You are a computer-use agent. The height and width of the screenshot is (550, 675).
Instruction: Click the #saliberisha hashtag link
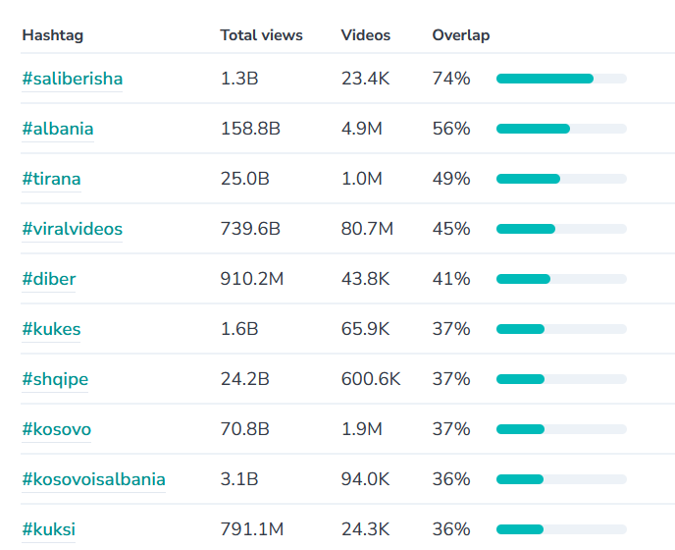click(73, 79)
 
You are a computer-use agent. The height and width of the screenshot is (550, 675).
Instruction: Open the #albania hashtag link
click(58, 129)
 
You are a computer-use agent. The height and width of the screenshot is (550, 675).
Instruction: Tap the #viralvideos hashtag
click(73, 229)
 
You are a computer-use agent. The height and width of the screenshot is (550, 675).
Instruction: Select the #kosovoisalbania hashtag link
click(93, 479)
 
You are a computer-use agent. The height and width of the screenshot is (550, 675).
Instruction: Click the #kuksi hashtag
click(49, 529)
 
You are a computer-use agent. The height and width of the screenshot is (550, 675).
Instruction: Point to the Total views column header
click(262, 35)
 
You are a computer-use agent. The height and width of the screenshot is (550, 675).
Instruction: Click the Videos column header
click(366, 35)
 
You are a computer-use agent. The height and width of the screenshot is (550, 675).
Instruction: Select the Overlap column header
click(461, 35)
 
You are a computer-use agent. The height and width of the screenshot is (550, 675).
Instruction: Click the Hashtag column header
click(53, 35)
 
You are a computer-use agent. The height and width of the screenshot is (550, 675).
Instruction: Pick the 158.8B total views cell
click(250, 129)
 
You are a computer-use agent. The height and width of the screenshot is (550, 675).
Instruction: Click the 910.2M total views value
click(252, 279)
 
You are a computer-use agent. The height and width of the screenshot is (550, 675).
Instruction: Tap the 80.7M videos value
click(367, 229)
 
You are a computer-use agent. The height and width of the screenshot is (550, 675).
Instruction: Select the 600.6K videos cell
click(371, 379)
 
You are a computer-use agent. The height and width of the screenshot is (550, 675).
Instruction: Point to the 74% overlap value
click(451, 79)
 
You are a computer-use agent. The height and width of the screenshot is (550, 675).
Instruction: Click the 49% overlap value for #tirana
click(451, 179)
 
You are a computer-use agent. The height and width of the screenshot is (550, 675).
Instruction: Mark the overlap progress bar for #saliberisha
click(561, 79)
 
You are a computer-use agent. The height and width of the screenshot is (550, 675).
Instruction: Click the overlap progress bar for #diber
click(561, 279)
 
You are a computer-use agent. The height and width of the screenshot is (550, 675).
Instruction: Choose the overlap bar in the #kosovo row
click(561, 429)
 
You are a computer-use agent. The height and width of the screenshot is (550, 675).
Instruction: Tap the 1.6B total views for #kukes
click(239, 329)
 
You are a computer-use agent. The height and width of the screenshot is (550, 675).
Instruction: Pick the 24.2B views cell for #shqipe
click(245, 379)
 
